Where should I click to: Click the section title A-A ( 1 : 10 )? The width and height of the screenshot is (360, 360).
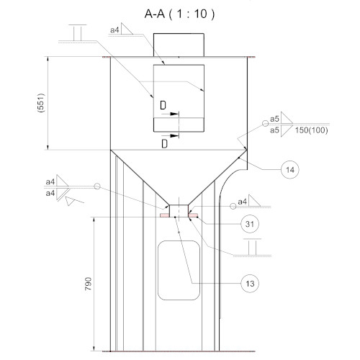point(179,14)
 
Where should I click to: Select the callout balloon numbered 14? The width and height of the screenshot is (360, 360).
point(290,170)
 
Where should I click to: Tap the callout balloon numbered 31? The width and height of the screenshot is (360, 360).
point(250,224)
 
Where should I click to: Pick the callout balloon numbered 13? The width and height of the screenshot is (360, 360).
point(250,284)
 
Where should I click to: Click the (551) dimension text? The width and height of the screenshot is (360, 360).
point(41,103)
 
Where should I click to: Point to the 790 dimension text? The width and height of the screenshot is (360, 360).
point(89,284)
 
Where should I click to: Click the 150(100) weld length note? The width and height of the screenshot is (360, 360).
point(311,130)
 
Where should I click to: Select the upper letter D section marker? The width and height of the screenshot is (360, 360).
point(163,105)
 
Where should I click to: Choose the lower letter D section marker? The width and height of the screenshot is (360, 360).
point(164,144)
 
